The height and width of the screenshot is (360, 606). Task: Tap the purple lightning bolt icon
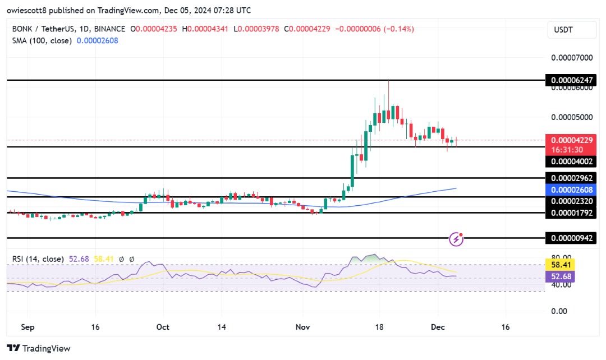pos(457,239)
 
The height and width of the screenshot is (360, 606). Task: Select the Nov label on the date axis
pos(303,327)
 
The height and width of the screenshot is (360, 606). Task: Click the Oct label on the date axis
pos(163,327)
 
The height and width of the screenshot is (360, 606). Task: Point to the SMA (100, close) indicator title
pos(40,40)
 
